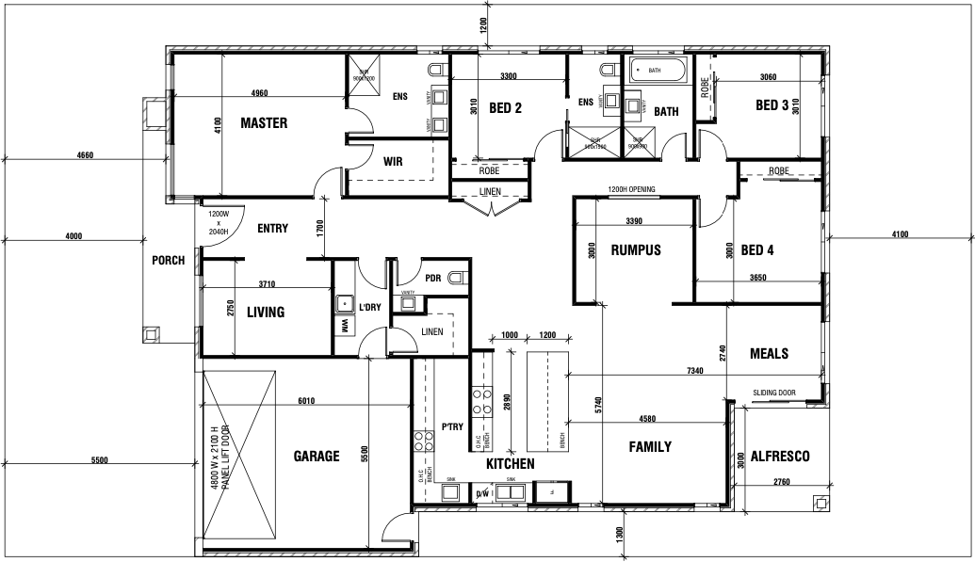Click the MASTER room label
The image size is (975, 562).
point(264,123)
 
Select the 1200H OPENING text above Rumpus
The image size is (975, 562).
point(631,189)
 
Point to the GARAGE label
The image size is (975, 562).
point(317,457)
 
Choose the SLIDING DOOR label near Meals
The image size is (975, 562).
point(774,393)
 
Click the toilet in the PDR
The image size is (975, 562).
point(457,277)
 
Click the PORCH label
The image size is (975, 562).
point(169,261)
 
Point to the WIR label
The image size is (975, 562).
point(393,161)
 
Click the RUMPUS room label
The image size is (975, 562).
point(636,250)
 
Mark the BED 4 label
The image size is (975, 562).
point(757,250)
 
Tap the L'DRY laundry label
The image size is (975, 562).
point(369,307)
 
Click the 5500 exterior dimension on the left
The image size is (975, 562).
point(99,460)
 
